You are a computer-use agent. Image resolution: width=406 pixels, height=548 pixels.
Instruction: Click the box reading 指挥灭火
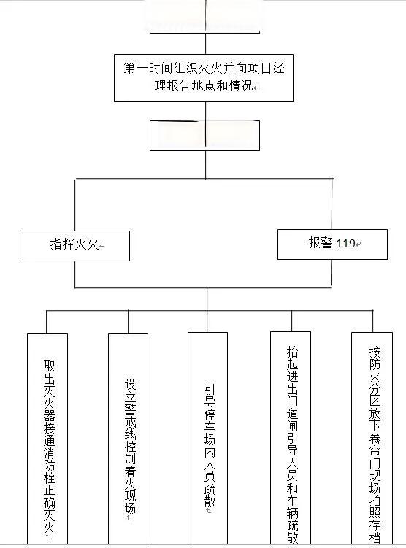[x=74, y=246]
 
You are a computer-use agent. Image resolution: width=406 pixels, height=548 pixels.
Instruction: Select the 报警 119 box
[x=332, y=244]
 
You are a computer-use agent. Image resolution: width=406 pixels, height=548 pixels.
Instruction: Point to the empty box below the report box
[x=204, y=136]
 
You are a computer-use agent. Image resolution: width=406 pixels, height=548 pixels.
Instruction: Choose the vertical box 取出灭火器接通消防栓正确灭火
[x=47, y=438]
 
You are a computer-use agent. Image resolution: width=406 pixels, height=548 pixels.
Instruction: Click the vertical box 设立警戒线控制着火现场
[x=129, y=438]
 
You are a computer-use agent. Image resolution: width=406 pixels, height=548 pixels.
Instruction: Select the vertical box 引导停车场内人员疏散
[x=207, y=438]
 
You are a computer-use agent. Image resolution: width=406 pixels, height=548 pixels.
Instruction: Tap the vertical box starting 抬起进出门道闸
[x=291, y=438]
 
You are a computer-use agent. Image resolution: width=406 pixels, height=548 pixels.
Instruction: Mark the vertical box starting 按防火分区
[x=372, y=438]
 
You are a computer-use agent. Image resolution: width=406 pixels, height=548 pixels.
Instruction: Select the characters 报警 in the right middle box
[x=320, y=244]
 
